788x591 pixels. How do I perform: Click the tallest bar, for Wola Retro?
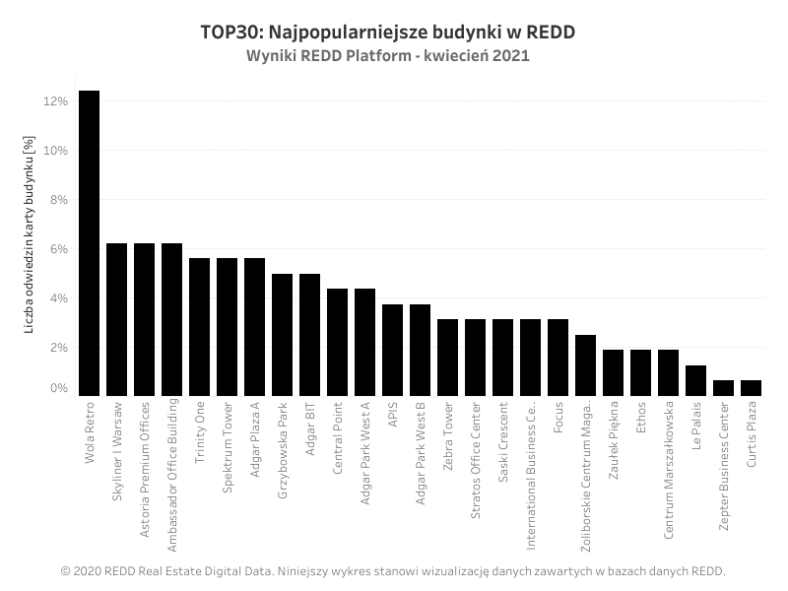[x=90, y=243]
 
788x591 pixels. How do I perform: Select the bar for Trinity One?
[x=200, y=327]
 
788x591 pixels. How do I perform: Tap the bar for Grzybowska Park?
[x=283, y=335]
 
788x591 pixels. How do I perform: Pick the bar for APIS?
[x=392, y=351]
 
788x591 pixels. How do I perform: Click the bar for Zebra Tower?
[x=448, y=358]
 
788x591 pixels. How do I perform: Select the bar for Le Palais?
[x=696, y=380]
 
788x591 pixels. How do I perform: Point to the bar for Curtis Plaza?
[x=752, y=388]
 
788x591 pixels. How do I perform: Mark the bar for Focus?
[x=558, y=358]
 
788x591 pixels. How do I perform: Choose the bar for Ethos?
[x=641, y=373]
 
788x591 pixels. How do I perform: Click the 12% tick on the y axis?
[x=55, y=101]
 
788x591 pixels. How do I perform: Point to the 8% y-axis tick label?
[x=58, y=200]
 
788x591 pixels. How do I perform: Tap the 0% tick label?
[x=58, y=388]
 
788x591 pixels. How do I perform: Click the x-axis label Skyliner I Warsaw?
[x=117, y=451]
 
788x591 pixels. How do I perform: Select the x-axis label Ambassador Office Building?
[x=172, y=476]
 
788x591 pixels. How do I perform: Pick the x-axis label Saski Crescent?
[x=503, y=442]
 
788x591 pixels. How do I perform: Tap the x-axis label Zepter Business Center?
[x=724, y=466]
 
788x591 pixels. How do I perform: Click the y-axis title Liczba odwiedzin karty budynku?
[x=30, y=234]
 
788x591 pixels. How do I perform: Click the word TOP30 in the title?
[x=231, y=33]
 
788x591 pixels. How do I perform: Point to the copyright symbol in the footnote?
[x=65, y=571]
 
